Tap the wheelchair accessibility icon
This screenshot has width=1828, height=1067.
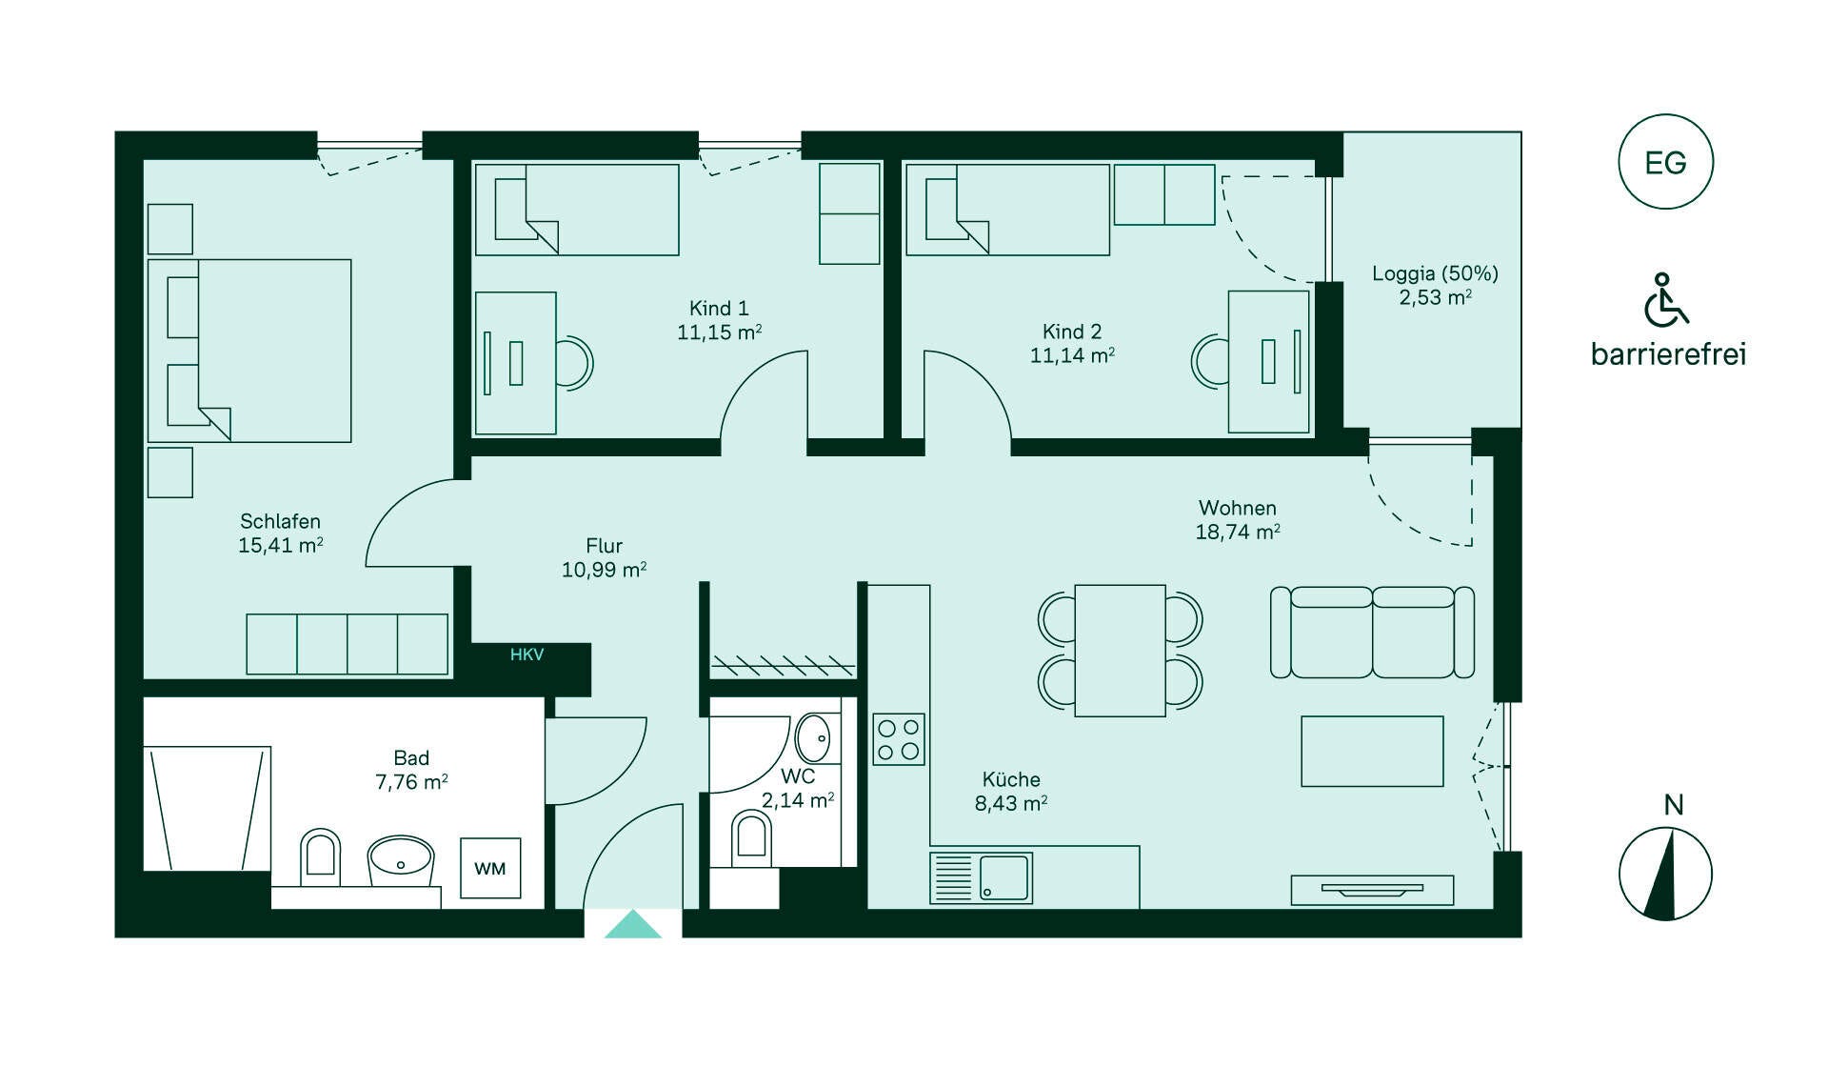(1665, 299)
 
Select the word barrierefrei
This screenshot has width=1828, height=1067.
(1668, 354)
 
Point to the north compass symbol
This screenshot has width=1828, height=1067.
(1665, 874)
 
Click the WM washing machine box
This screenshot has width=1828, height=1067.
(490, 868)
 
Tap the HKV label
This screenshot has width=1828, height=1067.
(527, 654)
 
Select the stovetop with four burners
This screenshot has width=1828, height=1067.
(899, 739)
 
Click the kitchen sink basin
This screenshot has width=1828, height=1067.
(1004, 877)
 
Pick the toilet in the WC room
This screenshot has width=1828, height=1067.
(751, 838)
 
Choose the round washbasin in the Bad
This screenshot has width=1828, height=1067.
(401, 861)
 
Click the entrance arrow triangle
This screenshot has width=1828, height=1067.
(633, 924)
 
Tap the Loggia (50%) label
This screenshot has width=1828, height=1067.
(1435, 273)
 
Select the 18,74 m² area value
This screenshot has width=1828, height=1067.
(1238, 532)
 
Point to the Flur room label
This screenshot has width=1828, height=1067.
(604, 546)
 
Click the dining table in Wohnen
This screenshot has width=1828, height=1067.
(1120, 651)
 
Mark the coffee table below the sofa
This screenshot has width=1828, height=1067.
(1372, 752)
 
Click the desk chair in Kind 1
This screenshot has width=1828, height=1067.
(574, 362)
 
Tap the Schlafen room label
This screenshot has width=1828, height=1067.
(280, 521)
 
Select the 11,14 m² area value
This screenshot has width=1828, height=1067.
(1072, 355)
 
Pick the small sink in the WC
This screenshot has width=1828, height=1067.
(813, 737)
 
